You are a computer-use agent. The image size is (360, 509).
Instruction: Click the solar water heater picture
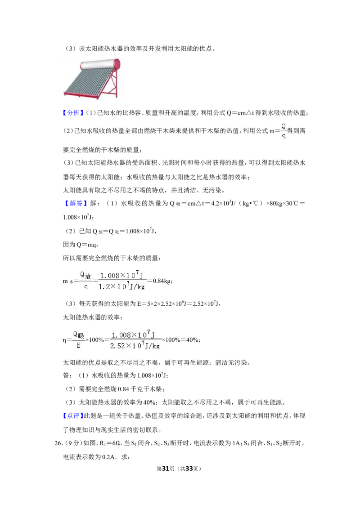click(x=92, y=78)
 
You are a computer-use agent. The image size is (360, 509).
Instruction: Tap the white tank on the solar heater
click(x=100, y=64)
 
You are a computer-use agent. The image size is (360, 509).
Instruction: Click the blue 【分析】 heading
click(x=73, y=113)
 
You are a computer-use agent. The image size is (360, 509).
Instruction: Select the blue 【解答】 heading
click(x=76, y=204)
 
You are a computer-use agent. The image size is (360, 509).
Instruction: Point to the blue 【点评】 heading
click(x=73, y=416)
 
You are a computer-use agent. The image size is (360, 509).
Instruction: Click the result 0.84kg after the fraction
click(x=162, y=281)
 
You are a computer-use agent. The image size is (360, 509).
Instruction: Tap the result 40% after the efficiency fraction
click(x=192, y=340)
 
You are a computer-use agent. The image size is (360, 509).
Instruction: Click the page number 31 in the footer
click(x=166, y=469)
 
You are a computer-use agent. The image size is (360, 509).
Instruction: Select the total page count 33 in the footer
click(x=189, y=469)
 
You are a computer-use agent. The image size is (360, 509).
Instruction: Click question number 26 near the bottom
click(x=58, y=443)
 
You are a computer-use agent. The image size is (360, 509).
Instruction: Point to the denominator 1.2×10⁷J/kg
click(x=121, y=286)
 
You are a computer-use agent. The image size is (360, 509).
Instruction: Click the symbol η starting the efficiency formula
click(x=64, y=340)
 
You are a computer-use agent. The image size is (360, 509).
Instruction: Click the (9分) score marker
click(x=73, y=443)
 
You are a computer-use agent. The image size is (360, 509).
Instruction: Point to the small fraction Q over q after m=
click(x=283, y=131)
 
